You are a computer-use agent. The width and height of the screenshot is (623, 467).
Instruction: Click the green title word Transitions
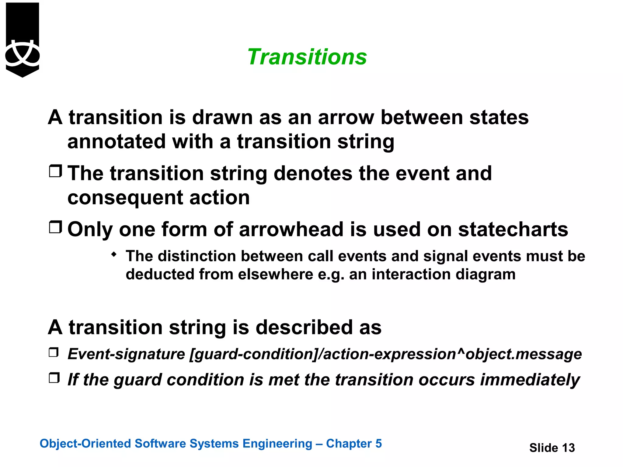point(307,57)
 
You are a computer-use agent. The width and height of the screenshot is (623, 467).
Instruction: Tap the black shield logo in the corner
point(23,40)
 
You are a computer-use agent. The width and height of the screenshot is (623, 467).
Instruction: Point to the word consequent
point(125,198)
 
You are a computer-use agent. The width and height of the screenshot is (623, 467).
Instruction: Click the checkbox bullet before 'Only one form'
point(55,227)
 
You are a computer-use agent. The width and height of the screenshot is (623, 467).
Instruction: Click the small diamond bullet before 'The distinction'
point(114,254)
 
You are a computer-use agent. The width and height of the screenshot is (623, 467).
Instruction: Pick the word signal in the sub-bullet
point(442,256)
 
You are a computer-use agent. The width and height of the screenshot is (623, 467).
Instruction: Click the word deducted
point(160,274)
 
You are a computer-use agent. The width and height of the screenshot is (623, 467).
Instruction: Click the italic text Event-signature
point(126,354)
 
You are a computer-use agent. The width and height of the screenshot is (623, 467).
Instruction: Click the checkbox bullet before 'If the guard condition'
point(54,378)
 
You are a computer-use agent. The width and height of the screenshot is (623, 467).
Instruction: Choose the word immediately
point(530,380)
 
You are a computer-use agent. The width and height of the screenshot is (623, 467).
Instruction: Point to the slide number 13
point(568,448)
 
